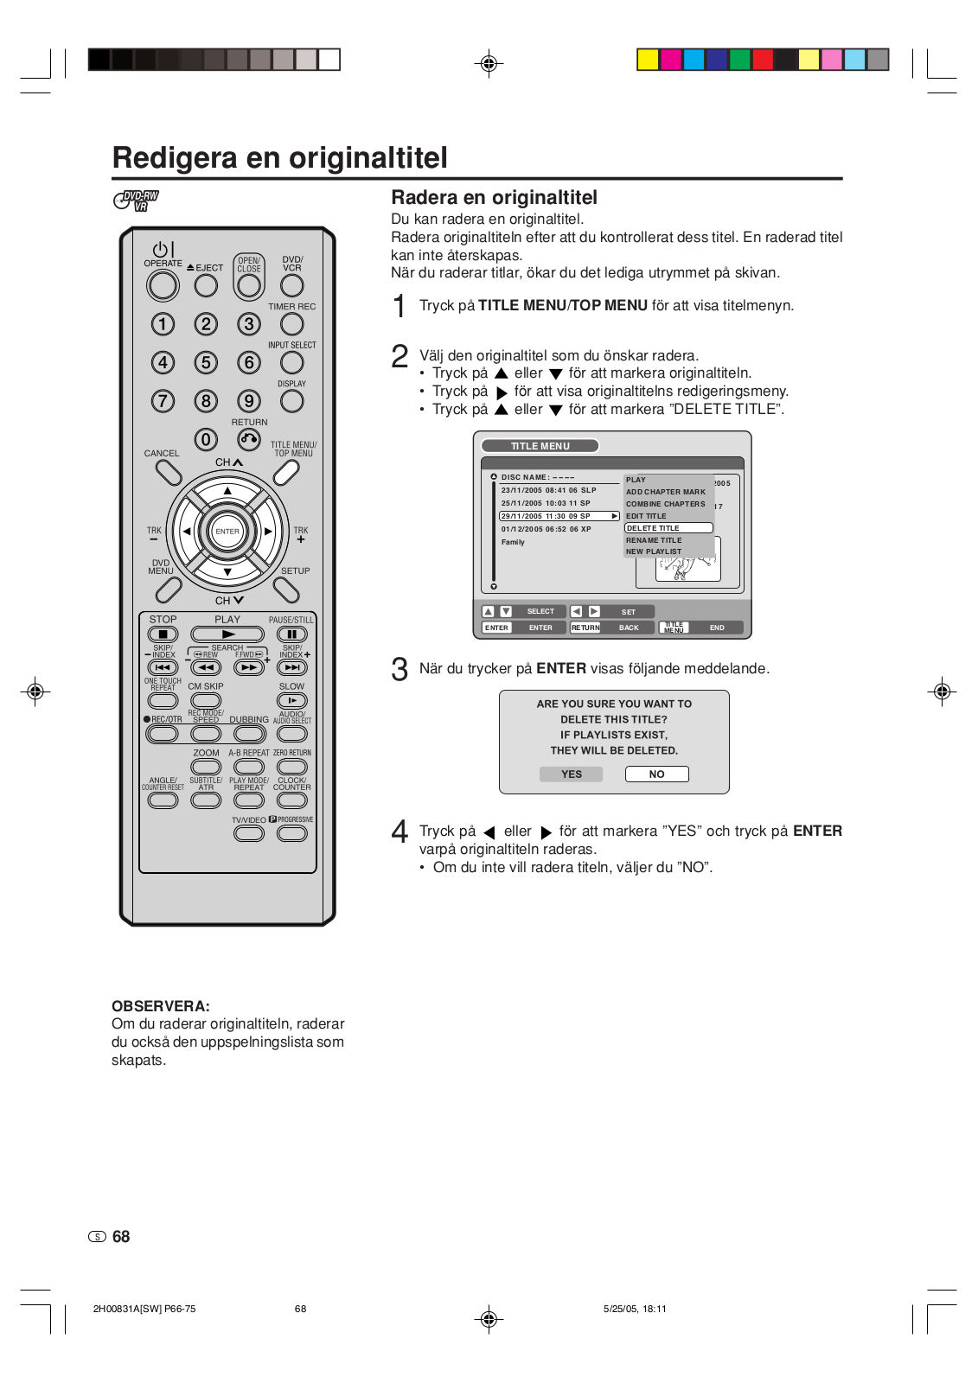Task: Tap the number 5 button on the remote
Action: pos(206,362)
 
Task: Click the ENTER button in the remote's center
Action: pos(227,532)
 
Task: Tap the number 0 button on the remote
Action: pos(206,440)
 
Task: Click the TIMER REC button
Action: pos(292,324)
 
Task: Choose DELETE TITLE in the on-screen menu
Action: pos(668,528)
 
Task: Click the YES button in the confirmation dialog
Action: pos(572,774)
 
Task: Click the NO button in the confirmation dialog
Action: pos(656,774)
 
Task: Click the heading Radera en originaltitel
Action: pos(494,198)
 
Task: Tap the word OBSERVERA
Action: pos(160,1006)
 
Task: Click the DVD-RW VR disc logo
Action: pos(137,201)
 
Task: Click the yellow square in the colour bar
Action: pos(648,60)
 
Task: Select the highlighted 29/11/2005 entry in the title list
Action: pos(559,516)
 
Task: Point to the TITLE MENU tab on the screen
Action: pos(540,446)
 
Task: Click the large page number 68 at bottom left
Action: pos(121,1237)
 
